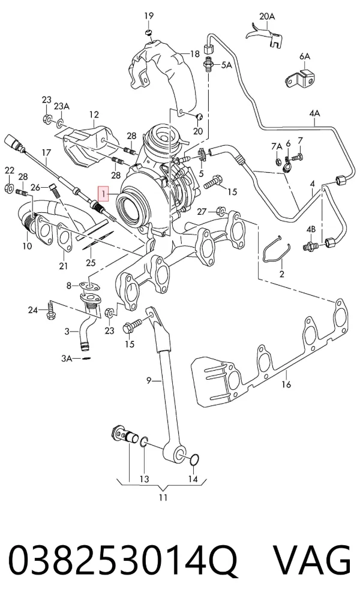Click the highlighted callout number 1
click(x=104, y=192)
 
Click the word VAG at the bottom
click(x=312, y=560)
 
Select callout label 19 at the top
click(x=149, y=16)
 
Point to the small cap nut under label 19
click(x=148, y=32)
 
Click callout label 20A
click(x=267, y=16)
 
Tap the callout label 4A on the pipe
click(x=314, y=113)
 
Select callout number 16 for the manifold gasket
click(x=286, y=384)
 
